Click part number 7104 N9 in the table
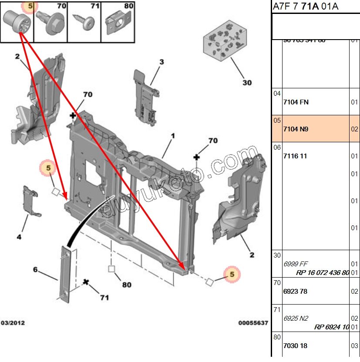(296, 129)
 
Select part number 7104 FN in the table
(296, 102)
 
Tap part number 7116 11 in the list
(295, 156)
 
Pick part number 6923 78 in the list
(295, 291)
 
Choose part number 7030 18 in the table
(295, 345)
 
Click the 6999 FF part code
(296, 264)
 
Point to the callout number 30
(247, 82)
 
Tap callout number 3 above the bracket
(161, 62)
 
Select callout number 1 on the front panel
(172, 136)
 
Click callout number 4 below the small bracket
(19, 237)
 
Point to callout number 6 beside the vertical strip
(36, 269)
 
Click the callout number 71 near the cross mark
(104, 298)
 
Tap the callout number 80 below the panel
(126, 285)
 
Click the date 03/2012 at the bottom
(13, 323)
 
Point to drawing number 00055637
(253, 323)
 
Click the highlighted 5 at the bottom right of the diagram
(232, 275)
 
